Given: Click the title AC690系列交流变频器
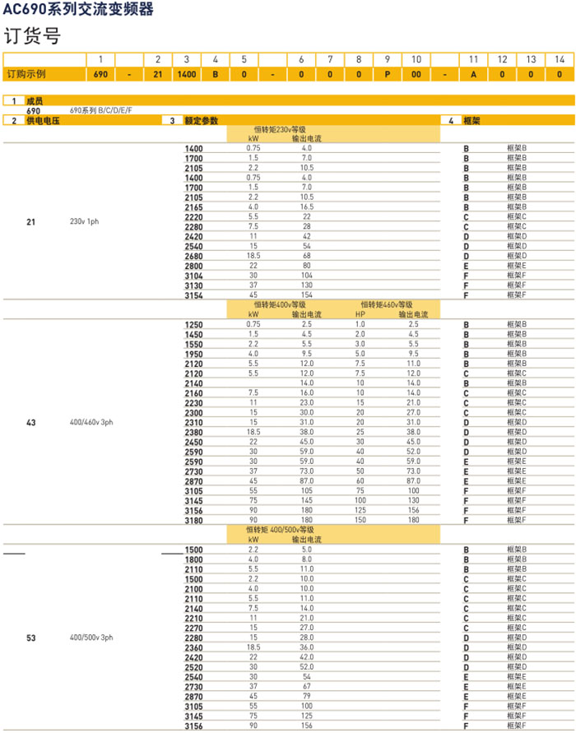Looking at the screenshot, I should point(77,10).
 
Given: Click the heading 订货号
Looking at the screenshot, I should point(33,36).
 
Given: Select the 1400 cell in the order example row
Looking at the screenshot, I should point(187,73).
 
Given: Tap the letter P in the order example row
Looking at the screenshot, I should point(387,73).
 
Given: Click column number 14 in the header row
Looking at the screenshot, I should point(560,59).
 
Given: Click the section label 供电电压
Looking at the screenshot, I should point(43,121).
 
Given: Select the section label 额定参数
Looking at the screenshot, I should point(202,121).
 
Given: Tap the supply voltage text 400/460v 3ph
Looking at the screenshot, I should point(91,423).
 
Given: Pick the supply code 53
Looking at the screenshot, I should point(31,638).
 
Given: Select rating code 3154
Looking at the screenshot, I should point(193,295).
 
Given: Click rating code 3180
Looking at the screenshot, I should point(193,520).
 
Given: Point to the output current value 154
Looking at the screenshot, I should point(306,295).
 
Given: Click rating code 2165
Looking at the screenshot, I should point(193,207).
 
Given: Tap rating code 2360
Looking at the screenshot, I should point(193,647).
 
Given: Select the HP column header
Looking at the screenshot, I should point(360,314).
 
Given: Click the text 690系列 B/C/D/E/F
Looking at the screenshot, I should point(101,109).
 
